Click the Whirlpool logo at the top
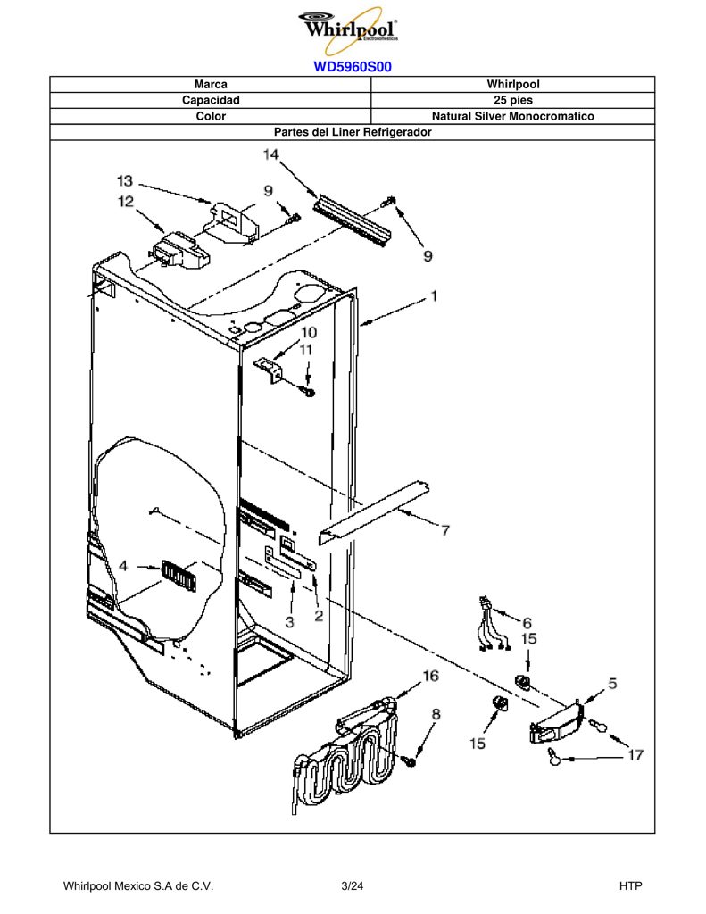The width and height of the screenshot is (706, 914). [x=349, y=29]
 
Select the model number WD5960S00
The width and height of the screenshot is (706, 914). [x=353, y=66]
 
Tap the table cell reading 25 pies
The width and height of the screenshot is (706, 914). [x=512, y=100]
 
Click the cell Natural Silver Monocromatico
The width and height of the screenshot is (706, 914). [x=512, y=116]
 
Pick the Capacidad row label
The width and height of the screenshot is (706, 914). [x=211, y=100]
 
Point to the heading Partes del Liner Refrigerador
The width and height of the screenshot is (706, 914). [x=353, y=132]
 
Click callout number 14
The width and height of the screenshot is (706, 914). [x=270, y=154]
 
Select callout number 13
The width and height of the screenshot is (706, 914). [x=125, y=180]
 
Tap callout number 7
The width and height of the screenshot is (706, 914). [x=445, y=530]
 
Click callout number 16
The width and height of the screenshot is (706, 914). [x=430, y=676]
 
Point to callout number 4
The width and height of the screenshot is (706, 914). [x=123, y=566]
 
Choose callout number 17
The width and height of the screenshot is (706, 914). [x=635, y=755]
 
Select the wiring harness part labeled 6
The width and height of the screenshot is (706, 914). [x=494, y=624]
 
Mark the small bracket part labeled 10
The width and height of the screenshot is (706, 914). [x=268, y=370]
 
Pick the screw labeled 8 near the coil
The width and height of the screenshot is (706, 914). [x=411, y=760]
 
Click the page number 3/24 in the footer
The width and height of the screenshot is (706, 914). [x=353, y=886]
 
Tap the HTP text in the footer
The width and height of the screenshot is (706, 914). [x=630, y=886]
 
